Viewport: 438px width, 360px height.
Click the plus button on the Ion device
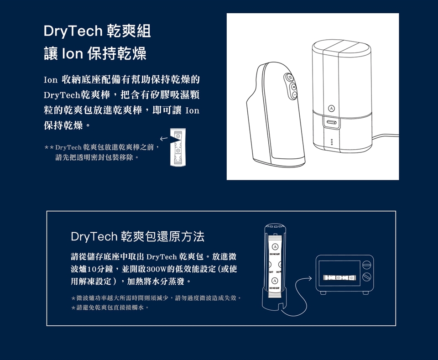293,87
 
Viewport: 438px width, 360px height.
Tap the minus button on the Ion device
294,95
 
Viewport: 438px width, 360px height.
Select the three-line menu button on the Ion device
290,78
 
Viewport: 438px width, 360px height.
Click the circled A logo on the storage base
331,108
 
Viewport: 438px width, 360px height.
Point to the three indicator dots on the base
332,142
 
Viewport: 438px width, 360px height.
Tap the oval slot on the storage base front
332,122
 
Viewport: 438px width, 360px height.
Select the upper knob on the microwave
366,265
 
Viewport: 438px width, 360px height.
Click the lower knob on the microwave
366,277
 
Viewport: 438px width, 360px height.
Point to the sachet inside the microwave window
339,277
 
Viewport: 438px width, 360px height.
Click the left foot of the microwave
323,292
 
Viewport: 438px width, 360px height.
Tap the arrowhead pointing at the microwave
309,278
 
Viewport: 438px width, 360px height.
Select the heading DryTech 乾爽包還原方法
137,236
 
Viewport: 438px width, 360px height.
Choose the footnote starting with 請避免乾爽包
109,308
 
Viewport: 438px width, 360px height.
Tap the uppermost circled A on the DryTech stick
275,247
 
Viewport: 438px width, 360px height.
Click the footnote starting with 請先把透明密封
97,157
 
